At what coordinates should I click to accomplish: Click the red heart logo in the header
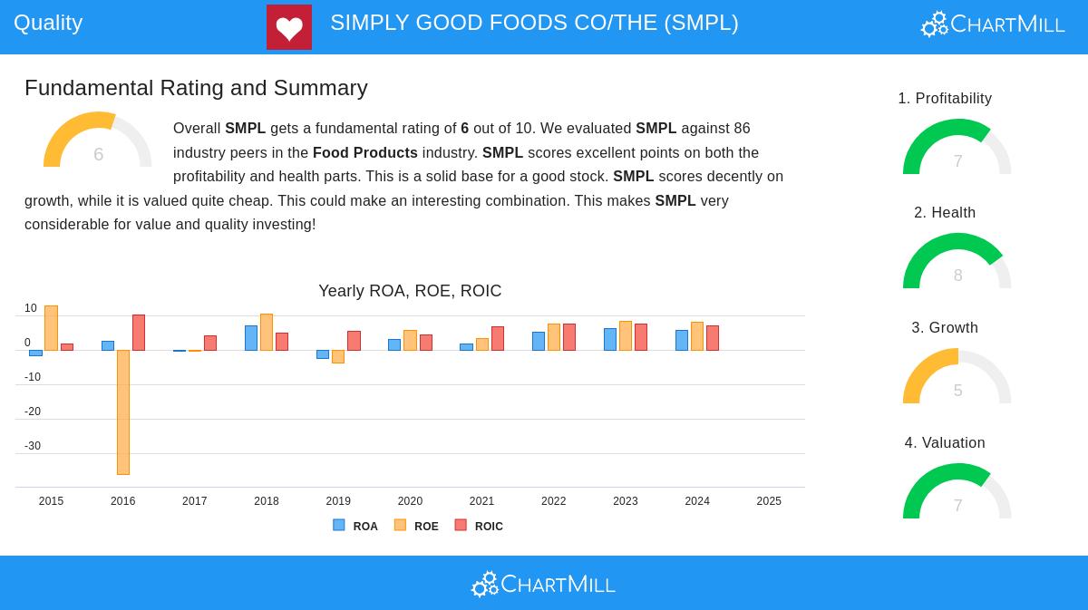point(289,27)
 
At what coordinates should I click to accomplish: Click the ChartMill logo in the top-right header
point(993,24)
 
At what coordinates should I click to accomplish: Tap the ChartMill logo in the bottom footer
point(543,584)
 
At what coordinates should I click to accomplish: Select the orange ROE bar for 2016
point(123,412)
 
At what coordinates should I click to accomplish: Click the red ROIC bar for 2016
point(139,333)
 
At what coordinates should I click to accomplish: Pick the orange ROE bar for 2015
point(51,328)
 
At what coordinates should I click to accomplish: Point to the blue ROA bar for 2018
point(251,338)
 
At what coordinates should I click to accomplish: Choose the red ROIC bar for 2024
point(713,338)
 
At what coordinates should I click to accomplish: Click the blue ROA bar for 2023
point(610,340)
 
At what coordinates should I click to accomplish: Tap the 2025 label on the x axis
point(769,501)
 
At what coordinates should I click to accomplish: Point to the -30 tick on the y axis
point(33,446)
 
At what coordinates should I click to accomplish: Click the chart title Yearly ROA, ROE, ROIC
point(410,291)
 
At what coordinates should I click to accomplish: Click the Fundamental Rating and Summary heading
point(196,88)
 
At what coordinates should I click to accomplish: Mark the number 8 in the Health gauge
point(957,276)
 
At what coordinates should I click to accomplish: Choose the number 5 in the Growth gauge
point(957,391)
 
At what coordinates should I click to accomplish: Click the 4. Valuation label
point(945,443)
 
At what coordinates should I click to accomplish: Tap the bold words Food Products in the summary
point(365,153)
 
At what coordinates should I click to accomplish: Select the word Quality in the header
point(48,23)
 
